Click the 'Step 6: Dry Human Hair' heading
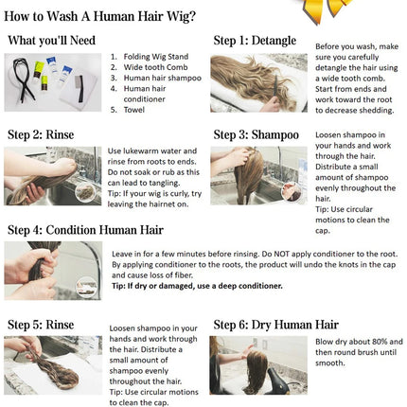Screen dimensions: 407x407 pyautogui.click(x=275, y=324)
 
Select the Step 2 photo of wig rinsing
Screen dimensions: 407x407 pyautogui.click(x=52, y=176)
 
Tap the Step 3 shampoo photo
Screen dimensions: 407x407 pyautogui.click(x=258, y=176)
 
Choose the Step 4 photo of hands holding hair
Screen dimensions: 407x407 pyautogui.click(x=52, y=270)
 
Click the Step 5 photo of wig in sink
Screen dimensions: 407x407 pyautogui.click(x=52, y=365)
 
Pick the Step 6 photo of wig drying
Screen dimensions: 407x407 pyautogui.click(x=258, y=365)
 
